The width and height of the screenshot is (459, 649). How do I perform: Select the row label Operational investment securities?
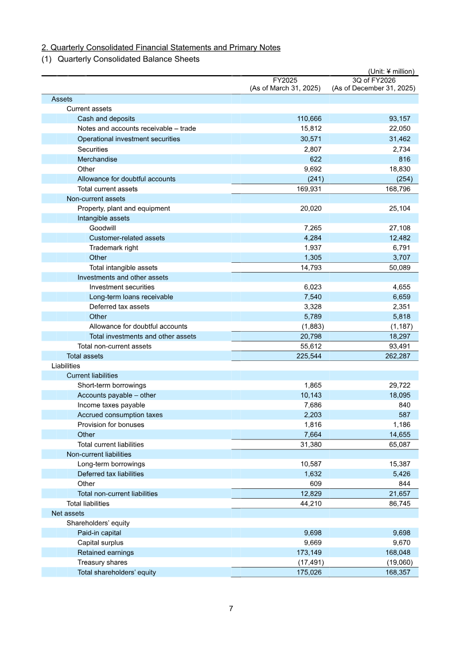(x=129, y=139)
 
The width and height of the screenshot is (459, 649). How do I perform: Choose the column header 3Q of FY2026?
(x=374, y=80)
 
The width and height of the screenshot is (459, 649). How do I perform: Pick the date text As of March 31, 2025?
(x=285, y=88)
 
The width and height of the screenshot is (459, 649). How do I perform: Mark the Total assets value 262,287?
(x=396, y=356)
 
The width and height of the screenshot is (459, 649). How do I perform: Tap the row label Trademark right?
(x=114, y=248)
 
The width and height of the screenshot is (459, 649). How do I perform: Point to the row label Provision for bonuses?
(x=111, y=425)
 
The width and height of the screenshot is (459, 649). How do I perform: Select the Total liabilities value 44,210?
(x=310, y=504)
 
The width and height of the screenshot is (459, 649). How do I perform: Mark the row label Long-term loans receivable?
(x=131, y=297)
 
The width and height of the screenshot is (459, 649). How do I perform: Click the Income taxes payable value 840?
(x=404, y=405)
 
